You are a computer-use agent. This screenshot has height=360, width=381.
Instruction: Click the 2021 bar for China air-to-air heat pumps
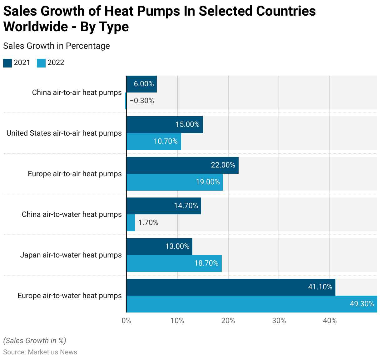pos(141,84)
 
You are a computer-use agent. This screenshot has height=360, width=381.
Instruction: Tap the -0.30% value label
pos(142,101)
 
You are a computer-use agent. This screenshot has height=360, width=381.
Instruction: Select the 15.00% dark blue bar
pos(165,125)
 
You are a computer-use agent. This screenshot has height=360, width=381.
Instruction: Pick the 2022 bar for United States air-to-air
pos(154,142)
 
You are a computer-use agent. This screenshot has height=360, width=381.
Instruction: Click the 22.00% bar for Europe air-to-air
pos(182,165)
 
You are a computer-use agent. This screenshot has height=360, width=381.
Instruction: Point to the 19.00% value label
pos(208,182)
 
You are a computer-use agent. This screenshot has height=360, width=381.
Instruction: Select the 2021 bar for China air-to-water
pos(164,206)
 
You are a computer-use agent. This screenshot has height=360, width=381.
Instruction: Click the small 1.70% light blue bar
pos(131,223)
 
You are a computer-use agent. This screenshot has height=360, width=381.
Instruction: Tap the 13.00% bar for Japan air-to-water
pos(159,247)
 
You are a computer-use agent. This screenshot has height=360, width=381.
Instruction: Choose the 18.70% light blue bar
pos(174,263)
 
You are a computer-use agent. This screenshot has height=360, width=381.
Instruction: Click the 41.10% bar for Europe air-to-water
pos(231,287)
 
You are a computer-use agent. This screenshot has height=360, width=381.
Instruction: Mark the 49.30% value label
pos(362,304)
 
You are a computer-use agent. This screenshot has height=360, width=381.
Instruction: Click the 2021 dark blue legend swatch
pos(7,63)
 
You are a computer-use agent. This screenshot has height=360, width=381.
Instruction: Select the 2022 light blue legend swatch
pos(41,63)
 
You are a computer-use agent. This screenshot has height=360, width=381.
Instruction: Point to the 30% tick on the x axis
pos(279,321)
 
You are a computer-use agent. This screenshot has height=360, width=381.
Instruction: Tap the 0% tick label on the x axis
pos(126,321)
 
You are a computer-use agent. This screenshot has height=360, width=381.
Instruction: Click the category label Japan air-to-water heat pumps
pos(71,255)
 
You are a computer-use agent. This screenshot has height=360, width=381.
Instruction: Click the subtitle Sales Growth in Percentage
pos(57,46)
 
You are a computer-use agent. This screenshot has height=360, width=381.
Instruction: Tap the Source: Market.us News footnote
pos(40,352)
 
